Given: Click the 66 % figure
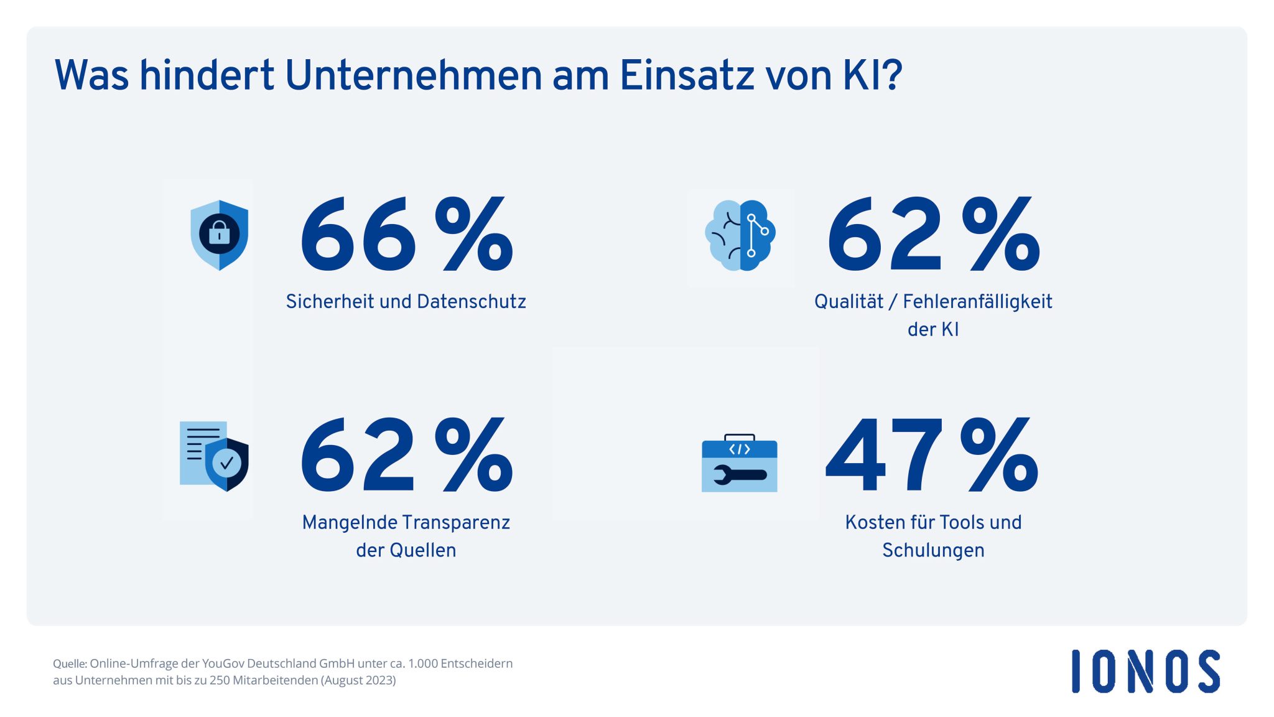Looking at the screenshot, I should [407, 235].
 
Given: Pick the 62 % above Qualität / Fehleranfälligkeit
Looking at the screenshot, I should [933, 235].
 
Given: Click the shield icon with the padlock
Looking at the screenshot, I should [219, 235].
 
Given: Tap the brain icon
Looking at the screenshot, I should [740, 235].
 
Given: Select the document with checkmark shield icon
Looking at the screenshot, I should [214, 456].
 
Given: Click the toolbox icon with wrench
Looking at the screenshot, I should [739, 463].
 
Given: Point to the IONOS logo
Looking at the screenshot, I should [1145, 671].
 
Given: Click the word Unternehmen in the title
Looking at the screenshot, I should [413, 75].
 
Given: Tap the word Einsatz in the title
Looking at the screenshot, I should [687, 75].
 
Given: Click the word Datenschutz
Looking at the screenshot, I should [472, 302].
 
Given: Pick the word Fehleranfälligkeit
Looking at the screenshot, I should [977, 302].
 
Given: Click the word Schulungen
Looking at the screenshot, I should [933, 550].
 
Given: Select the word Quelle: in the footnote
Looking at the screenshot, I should [70, 663].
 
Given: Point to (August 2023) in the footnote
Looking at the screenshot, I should [358, 680].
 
